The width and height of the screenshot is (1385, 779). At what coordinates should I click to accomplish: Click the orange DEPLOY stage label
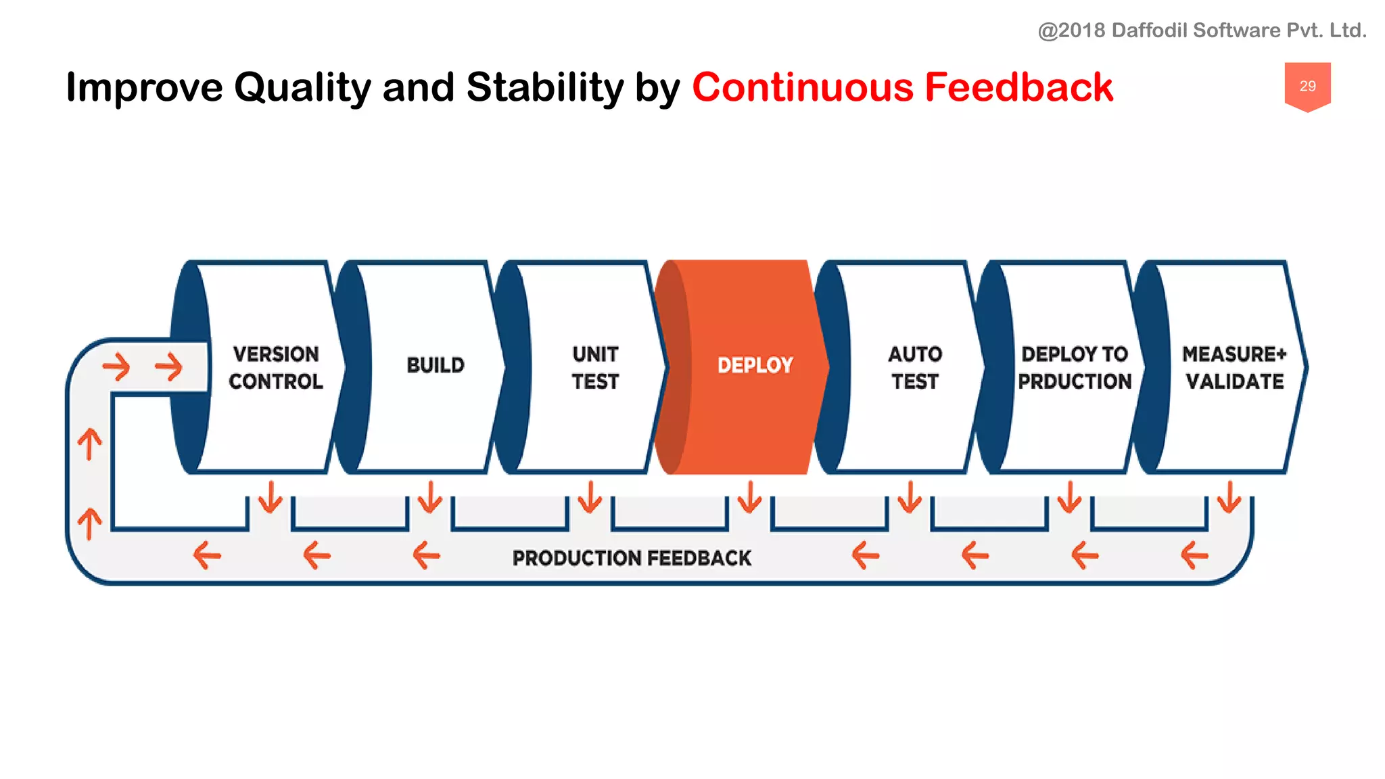click(x=755, y=365)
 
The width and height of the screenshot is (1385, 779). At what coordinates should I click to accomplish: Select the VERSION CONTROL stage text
click(x=276, y=367)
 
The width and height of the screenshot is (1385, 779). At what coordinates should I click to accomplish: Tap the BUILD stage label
click(x=436, y=365)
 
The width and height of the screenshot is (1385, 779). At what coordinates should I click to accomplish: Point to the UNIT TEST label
click(x=595, y=367)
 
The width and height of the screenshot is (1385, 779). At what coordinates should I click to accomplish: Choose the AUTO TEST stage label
click(x=914, y=367)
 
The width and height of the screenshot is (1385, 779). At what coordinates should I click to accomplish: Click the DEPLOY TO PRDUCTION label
click(x=1074, y=367)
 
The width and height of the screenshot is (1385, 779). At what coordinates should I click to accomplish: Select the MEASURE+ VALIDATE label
click(x=1234, y=367)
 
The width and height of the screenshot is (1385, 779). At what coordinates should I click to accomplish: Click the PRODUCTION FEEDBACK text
click(x=632, y=558)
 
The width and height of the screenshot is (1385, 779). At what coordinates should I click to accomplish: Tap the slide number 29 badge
click(x=1307, y=86)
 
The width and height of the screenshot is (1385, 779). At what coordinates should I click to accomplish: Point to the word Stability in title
click(x=544, y=87)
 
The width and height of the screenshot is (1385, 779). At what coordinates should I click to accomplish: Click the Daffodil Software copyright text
click(x=1202, y=30)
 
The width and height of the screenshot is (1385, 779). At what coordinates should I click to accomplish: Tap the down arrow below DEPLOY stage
click(x=749, y=497)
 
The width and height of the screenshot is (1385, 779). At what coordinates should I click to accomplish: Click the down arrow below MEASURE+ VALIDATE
click(x=1229, y=497)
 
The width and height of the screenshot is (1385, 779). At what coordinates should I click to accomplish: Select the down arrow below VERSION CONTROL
click(x=271, y=497)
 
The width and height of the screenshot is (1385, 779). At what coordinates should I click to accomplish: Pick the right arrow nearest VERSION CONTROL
click(x=169, y=367)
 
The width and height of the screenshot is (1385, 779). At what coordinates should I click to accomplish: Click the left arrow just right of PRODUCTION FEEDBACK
click(x=865, y=556)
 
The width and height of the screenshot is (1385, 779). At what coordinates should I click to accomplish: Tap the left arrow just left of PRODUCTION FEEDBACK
click(x=427, y=556)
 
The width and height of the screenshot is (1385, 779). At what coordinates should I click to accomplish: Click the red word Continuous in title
click(x=803, y=87)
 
